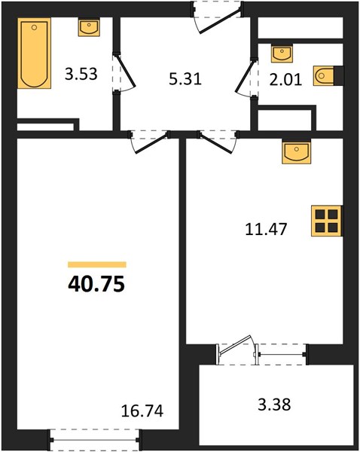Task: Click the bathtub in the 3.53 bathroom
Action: (35, 53)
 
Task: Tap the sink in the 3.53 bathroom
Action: (89, 27)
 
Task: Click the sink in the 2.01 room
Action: (282, 53)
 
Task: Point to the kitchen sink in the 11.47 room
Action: (296, 151)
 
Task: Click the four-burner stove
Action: (327, 221)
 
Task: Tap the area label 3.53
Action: (81, 74)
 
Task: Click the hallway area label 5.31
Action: (185, 78)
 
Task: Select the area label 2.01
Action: (285, 80)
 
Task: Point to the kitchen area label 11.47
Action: (266, 230)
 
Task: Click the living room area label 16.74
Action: (142, 411)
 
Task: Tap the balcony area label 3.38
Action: (274, 405)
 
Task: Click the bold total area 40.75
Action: (96, 284)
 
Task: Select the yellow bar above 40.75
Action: (97, 264)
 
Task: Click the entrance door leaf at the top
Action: (220, 21)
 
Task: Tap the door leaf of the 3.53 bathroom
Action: (125, 71)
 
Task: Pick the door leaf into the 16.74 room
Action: (151, 143)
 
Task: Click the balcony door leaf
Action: (235, 345)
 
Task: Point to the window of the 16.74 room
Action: (95, 440)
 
